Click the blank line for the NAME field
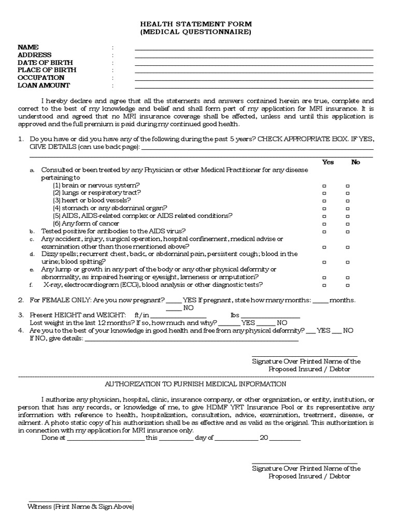click(x=254, y=49)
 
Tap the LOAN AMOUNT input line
click(x=254, y=88)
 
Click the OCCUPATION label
click(x=41, y=78)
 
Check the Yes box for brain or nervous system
click(x=324, y=185)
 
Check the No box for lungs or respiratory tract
click(x=348, y=193)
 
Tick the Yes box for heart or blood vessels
click(x=324, y=200)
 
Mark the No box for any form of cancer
click(x=348, y=223)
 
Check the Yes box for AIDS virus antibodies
click(x=324, y=231)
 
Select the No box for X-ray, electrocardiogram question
click(x=348, y=285)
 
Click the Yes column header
click(x=328, y=162)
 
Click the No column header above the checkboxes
click(x=356, y=162)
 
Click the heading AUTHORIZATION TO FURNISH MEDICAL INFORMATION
click(x=195, y=384)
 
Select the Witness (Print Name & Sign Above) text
click(x=81, y=506)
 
